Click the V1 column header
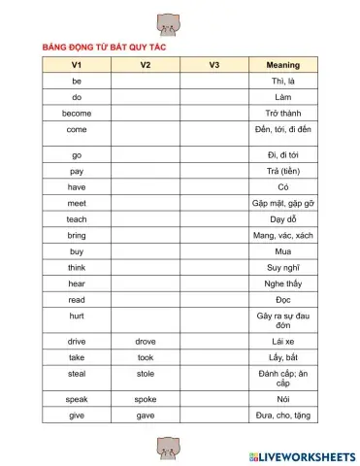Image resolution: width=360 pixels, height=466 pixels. point(77,65)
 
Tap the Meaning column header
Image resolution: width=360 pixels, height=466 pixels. point(282,65)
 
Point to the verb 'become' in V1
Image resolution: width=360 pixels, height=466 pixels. point(77,114)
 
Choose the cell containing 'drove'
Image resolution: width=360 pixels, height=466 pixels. point(146,342)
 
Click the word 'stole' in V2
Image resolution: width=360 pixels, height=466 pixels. point(146,373)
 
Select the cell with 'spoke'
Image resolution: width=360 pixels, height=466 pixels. point(146,399)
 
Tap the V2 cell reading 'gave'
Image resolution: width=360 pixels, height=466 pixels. point(146,416)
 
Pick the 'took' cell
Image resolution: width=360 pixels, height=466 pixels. point(146,357)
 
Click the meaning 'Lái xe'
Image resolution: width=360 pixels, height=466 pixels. point(282,342)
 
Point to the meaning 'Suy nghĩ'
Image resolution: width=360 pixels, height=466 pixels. point(282,267)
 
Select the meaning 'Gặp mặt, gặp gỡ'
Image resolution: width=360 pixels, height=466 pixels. point(282,203)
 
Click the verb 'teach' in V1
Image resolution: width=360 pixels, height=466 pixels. point(77,219)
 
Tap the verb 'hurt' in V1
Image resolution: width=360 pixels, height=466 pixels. point(77,316)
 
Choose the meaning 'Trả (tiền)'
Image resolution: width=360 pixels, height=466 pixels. point(282,171)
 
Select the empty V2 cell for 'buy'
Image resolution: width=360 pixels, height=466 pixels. point(146,251)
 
